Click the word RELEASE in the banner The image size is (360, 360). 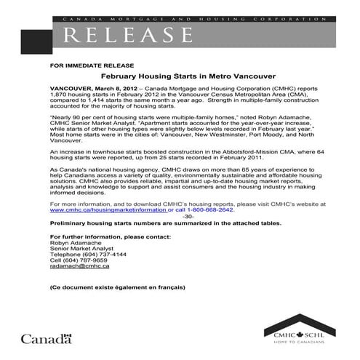[131, 34]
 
